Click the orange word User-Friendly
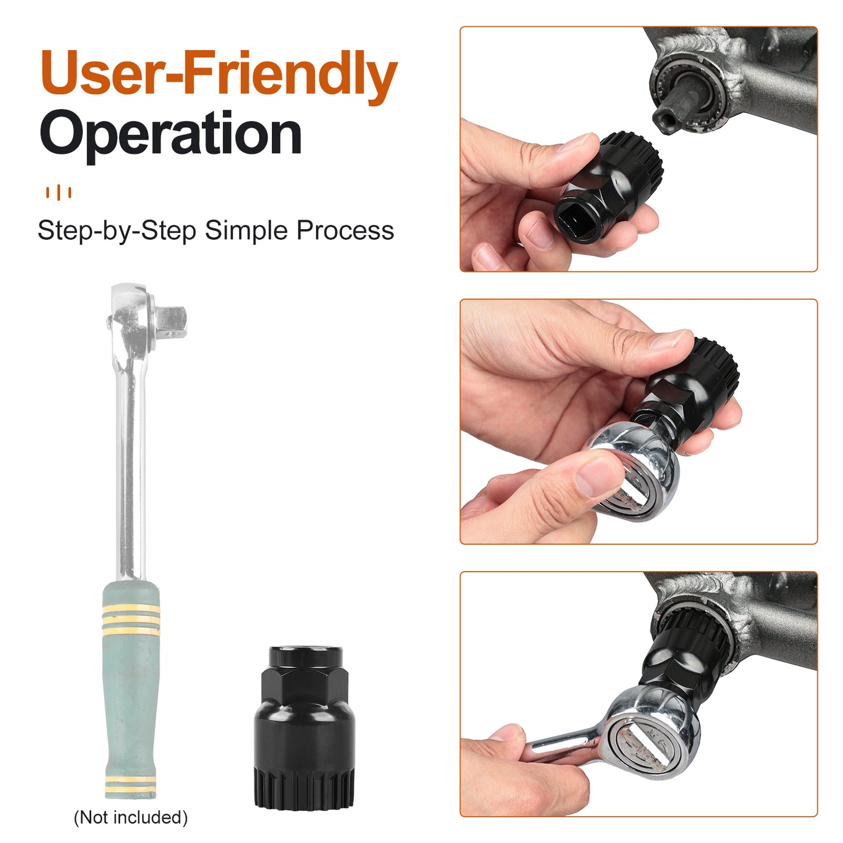[219, 75]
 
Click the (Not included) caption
[131, 817]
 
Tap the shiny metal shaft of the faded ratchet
[130, 468]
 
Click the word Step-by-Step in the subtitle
[117, 230]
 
